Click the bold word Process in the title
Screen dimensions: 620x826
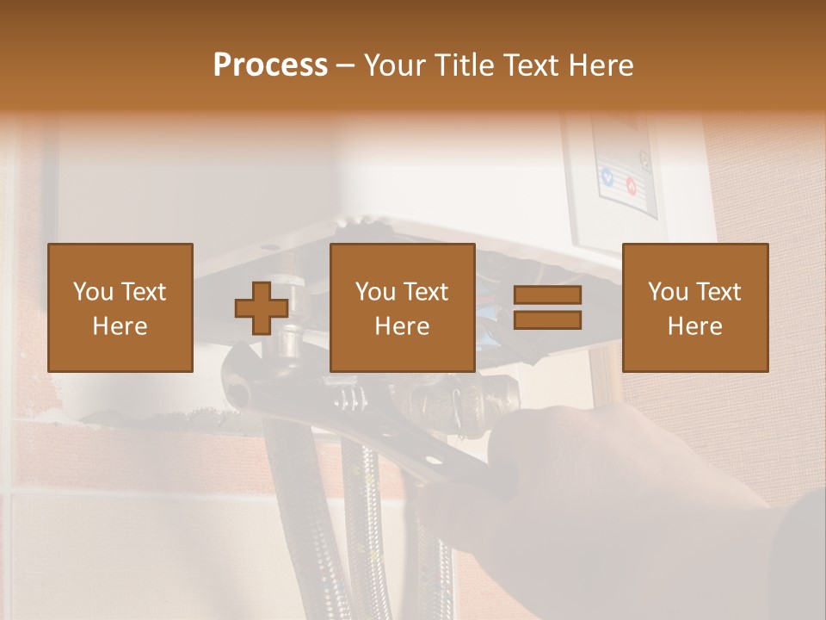tap(270, 65)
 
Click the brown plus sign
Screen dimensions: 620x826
tap(262, 307)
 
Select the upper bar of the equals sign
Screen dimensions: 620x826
tap(547, 295)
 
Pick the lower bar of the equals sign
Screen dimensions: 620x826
tap(547, 320)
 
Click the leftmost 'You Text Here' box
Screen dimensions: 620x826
tap(120, 307)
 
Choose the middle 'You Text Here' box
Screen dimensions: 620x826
tap(403, 307)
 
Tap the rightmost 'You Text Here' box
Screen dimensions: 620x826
tap(695, 307)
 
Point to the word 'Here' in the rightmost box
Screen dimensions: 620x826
tap(695, 325)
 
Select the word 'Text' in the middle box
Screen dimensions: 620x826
tap(424, 292)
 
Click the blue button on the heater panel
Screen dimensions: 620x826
tap(608, 178)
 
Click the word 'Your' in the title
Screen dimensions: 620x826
tap(394, 65)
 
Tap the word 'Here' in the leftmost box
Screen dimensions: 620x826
tap(120, 325)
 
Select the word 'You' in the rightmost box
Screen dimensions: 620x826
tap(668, 292)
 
